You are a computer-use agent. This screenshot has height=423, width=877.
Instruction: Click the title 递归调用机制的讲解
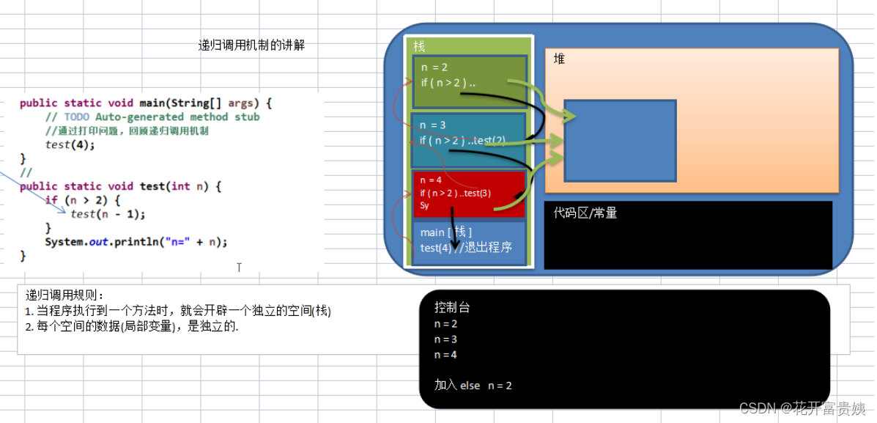[251, 45]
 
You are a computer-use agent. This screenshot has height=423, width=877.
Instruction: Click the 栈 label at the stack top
[419, 47]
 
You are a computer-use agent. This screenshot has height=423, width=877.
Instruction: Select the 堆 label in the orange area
[559, 59]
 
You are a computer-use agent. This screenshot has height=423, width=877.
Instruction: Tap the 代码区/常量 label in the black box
[585, 213]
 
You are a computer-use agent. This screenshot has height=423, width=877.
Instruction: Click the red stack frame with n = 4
[469, 194]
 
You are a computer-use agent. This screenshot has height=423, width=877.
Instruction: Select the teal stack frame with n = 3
[469, 139]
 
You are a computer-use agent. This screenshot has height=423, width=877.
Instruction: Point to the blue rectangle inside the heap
[619, 140]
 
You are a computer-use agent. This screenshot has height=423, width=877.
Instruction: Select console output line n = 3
[445, 339]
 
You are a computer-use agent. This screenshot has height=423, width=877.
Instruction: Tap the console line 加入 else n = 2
[473, 385]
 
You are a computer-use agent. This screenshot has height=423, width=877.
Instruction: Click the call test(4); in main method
[70, 144]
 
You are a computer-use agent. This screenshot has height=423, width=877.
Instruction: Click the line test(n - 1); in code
[108, 214]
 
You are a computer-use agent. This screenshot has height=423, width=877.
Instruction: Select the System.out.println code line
[136, 242]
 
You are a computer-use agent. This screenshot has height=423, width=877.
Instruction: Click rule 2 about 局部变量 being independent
[132, 327]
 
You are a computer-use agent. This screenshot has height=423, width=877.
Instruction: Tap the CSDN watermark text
[802, 408]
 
